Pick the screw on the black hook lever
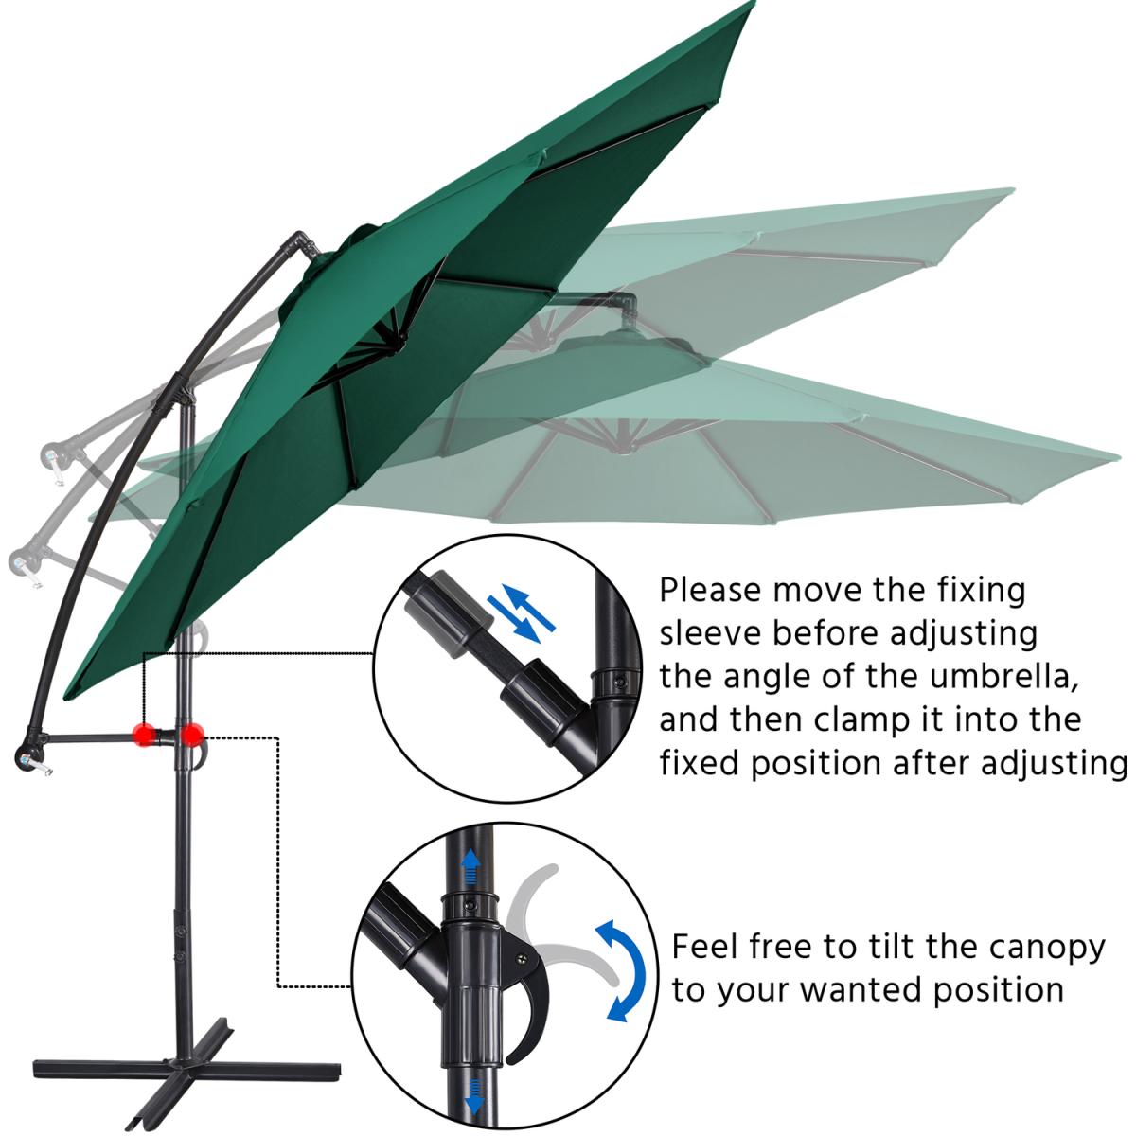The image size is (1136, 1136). pos(521,957)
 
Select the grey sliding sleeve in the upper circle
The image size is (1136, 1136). pos(450,614)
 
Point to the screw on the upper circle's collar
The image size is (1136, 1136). pos(619,683)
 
